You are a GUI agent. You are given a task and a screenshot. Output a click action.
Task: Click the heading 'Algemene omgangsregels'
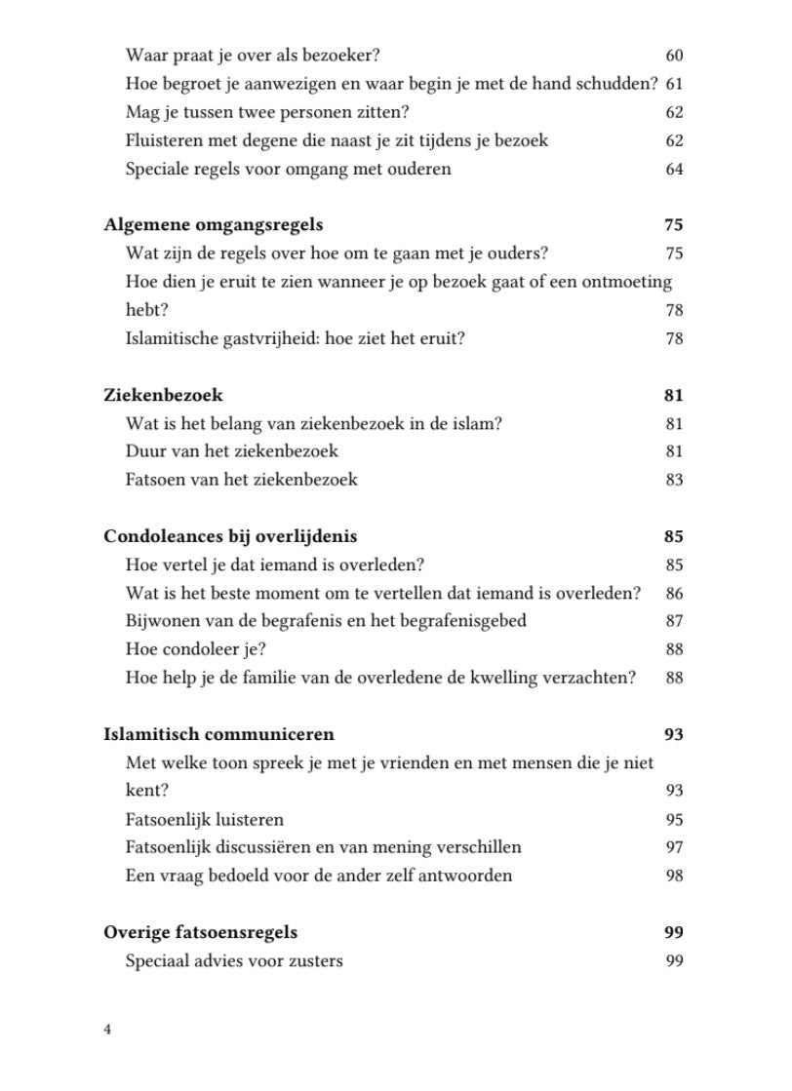tap(213, 225)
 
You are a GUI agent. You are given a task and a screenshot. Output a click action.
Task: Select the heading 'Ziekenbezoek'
tap(163, 396)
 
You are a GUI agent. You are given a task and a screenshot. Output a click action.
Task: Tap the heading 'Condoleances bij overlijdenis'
tap(230, 537)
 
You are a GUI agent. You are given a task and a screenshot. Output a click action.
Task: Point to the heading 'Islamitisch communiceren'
tap(218, 735)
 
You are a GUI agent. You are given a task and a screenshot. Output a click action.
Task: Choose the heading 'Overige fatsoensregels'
tap(200, 933)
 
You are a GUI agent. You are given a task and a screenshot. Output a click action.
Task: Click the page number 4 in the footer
tap(107, 1030)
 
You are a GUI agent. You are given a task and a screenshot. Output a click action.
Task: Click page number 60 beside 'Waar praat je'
tap(674, 56)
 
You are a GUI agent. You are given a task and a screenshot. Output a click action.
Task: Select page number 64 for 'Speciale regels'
tap(674, 170)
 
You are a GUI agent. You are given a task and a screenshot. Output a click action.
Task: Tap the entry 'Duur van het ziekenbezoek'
tap(232, 451)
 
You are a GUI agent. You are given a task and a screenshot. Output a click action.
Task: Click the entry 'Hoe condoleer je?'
tap(195, 649)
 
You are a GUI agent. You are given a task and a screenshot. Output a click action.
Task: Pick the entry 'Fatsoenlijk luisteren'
tap(205, 820)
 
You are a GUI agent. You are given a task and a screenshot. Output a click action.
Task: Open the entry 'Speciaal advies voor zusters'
tap(234, 961)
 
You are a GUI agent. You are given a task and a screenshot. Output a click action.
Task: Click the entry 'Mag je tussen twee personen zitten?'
tap(267, 112)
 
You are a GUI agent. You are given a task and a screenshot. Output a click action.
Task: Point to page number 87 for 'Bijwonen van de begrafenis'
tap(674, 621)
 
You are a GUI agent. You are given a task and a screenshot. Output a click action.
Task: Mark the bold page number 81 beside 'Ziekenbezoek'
tap(673, 396)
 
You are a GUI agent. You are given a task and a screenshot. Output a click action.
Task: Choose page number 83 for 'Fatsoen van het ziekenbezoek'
tap(674, 480)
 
